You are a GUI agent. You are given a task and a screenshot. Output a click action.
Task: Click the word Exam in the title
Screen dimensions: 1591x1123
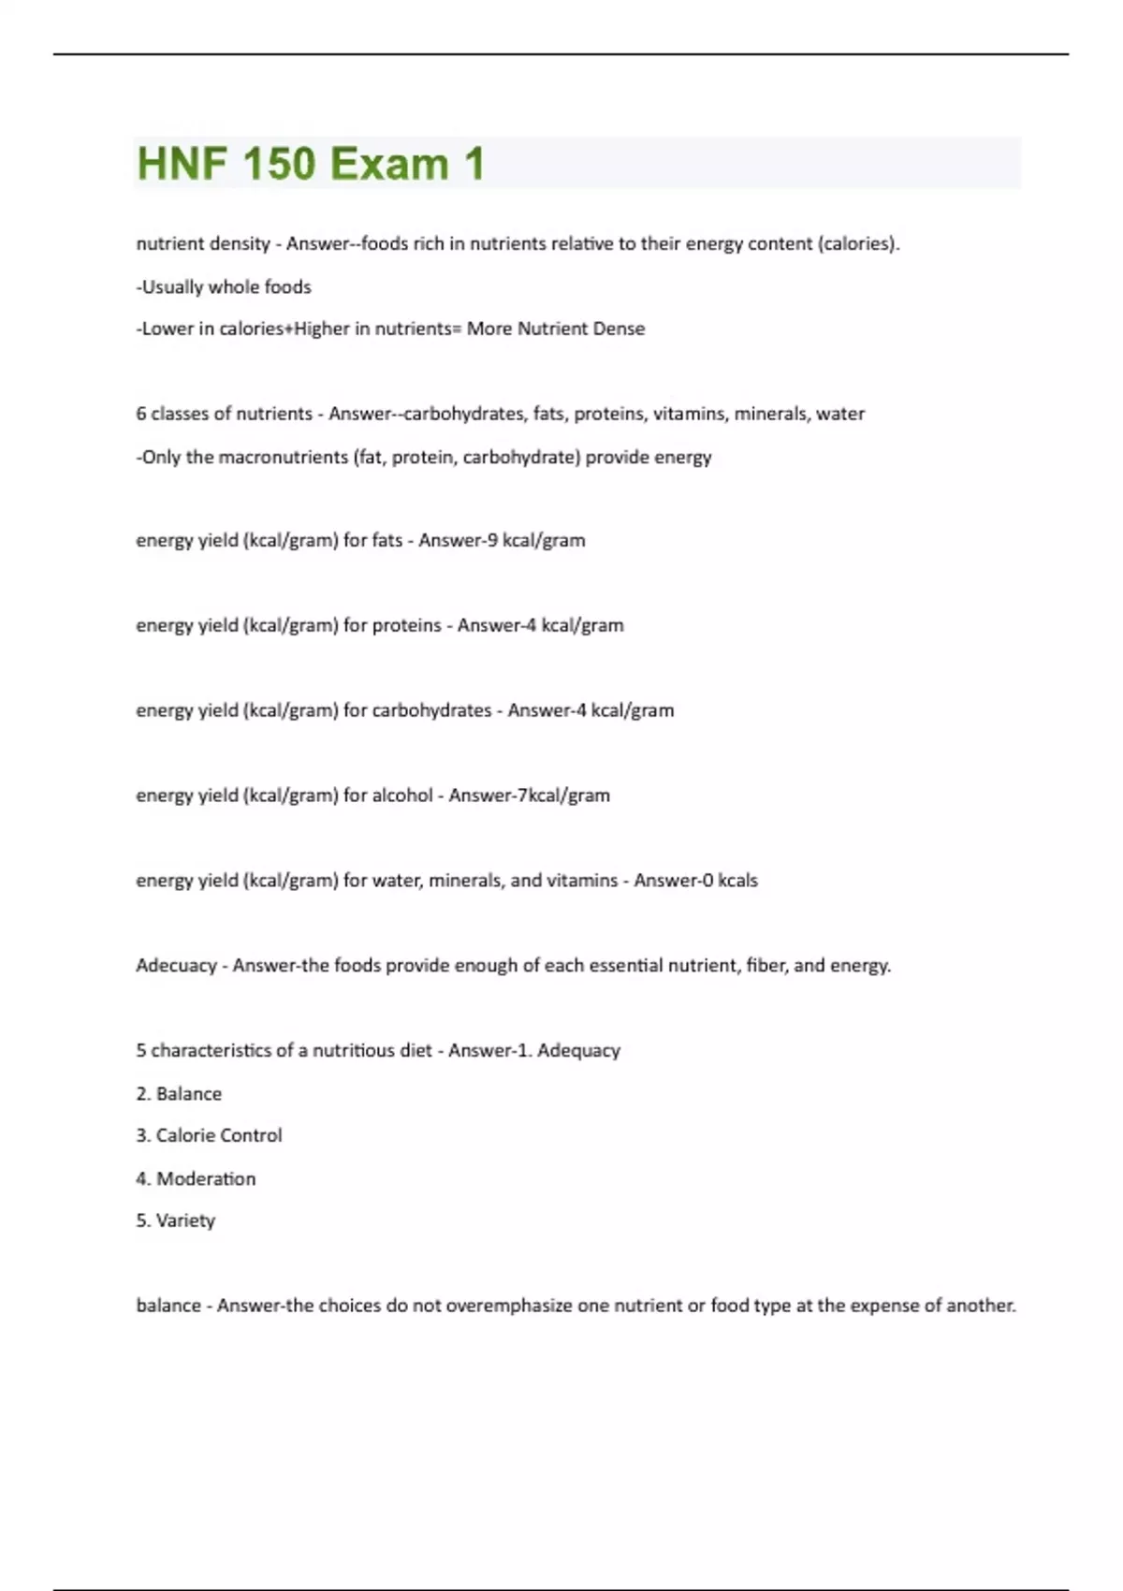point(389,165)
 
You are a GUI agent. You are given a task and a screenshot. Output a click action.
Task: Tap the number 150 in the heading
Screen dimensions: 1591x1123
point(279,165)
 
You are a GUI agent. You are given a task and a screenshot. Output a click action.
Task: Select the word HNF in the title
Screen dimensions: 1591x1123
point(182,165)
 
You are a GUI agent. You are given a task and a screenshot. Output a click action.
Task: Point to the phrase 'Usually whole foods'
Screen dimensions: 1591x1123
point(225,287)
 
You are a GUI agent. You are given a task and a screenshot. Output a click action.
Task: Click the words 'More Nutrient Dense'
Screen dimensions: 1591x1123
point(556,328)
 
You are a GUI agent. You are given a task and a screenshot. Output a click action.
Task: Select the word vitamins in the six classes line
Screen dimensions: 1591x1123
point(689,414)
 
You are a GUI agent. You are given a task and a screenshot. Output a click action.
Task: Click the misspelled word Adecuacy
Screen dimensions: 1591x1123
point(176,966)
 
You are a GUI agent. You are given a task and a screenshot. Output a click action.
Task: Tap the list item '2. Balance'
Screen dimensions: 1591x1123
point(179,1094)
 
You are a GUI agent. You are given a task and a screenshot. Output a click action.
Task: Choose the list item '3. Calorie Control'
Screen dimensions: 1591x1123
point(209,1135)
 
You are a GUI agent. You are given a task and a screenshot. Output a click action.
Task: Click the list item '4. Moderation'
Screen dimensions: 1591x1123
point(196,1179)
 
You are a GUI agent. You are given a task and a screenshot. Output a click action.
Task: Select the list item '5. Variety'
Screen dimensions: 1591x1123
point(176,1220)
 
